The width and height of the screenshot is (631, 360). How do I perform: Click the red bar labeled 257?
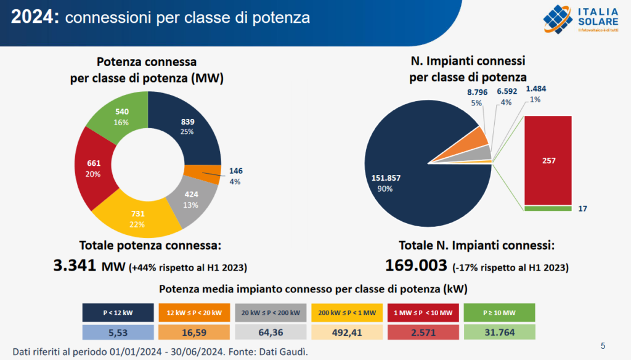click(548, 160)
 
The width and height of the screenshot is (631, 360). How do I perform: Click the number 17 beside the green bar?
click(582, 209)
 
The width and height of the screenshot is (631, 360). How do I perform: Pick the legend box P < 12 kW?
click(118, 313)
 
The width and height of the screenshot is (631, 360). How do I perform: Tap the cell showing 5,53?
click(118, 333)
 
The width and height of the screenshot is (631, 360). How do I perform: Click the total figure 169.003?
click(415, 266)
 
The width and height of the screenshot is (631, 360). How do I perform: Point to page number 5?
click(603, 345)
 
